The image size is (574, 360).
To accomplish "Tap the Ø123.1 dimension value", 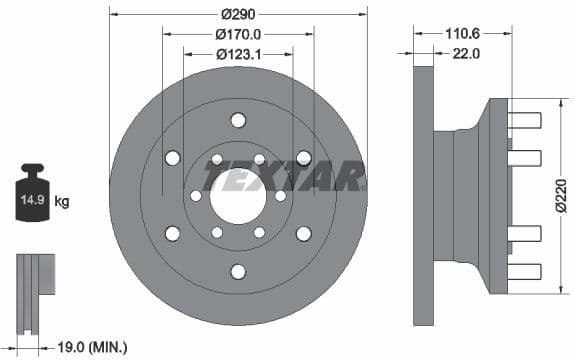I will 238,53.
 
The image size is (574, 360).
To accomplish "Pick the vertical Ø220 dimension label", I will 563,196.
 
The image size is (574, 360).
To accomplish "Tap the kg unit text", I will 62,202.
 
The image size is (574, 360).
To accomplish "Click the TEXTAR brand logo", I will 284,177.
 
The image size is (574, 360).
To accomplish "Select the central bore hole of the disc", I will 238,196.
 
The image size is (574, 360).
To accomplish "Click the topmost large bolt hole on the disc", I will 238,121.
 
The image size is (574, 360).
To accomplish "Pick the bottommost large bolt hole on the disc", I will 238,271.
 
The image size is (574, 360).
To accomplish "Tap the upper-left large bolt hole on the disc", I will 173,158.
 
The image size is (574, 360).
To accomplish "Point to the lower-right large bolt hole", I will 303,233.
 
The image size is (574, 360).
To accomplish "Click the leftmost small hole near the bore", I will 196,196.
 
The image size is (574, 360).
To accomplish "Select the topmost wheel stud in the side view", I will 524,120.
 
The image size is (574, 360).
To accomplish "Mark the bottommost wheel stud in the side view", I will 524,270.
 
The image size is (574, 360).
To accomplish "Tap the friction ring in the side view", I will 423,196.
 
